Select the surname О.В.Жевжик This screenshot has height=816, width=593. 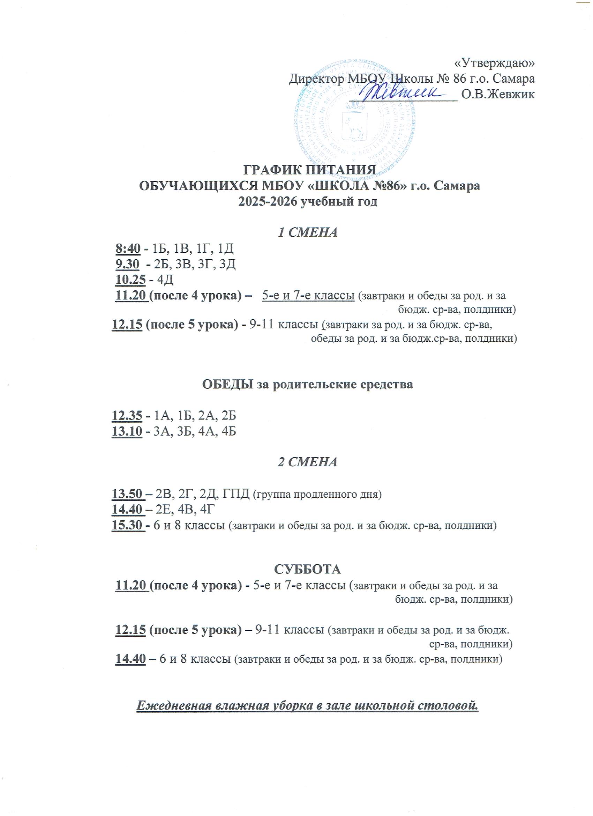[498, 94]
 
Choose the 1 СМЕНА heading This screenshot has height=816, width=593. [309, 232]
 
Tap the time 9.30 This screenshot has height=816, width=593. [127, 264]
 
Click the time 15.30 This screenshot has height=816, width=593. [128, 525]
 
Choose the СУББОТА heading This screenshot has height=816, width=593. [308, 570]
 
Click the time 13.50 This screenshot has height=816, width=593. [128, 494]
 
